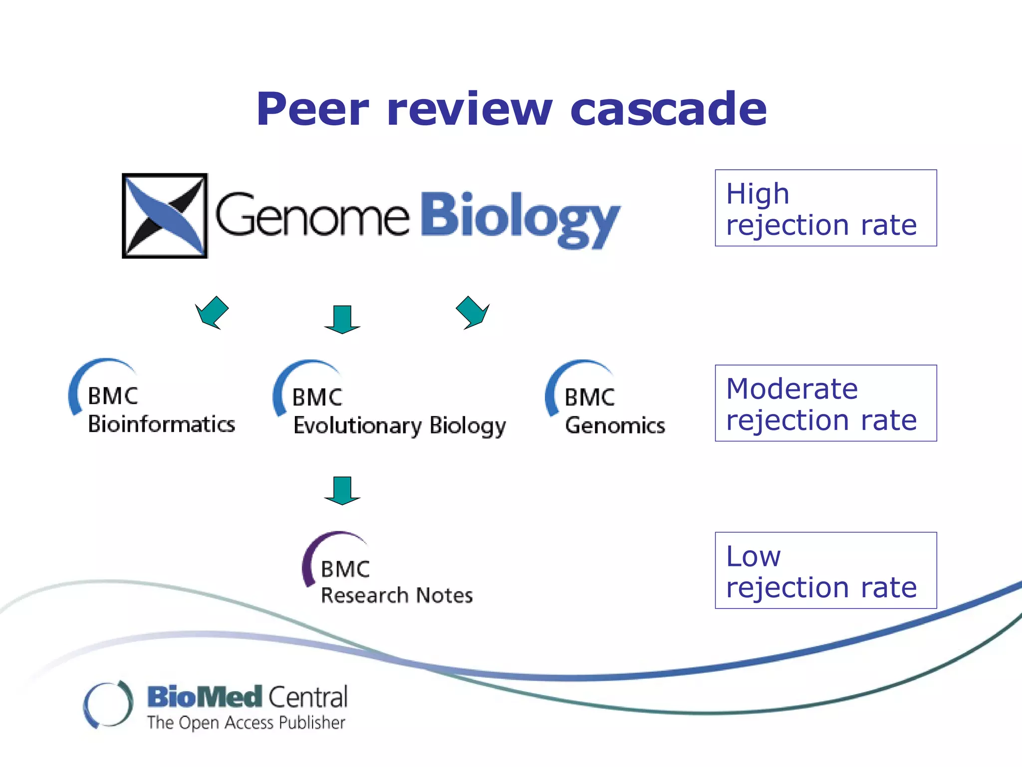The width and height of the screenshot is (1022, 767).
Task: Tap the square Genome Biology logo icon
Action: [x=165, y=216]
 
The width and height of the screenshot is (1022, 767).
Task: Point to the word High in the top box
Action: [x=757, y=194]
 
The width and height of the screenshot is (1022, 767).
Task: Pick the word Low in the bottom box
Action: [x=753, y=556]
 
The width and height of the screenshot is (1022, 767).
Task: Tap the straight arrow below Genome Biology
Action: [x=342, y=320]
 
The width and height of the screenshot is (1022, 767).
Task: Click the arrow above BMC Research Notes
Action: [x=342, y=490]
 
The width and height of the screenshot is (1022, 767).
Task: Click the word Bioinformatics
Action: [x=161, y=424]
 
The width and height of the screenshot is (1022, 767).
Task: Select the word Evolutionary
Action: [x=357, y=426]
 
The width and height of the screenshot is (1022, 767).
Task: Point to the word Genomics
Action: [x=615, y=426]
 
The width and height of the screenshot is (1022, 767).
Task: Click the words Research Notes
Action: [x=397, y=595]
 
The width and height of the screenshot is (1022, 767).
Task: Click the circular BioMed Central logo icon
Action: [x=108, y=704]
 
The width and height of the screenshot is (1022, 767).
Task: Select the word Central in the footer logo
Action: [x=308, y=697]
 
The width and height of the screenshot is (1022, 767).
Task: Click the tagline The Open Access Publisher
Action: [x=246, y=723]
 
